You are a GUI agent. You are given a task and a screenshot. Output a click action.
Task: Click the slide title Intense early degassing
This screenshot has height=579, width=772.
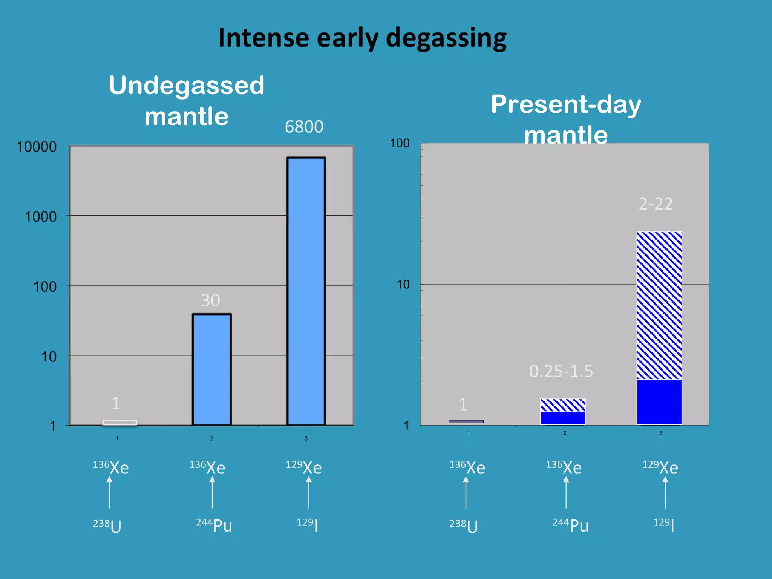click(x=362, y=38)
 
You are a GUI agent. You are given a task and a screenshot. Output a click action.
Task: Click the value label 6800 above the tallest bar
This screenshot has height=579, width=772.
click(x=304, y=127)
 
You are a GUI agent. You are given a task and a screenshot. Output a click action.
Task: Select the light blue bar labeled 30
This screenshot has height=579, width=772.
click(x=211, y=369)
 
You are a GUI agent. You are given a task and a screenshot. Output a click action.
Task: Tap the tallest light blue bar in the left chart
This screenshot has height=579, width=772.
click(x=306, y=290)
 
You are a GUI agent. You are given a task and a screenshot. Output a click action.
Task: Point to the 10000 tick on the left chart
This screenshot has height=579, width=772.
click(x=37, y=147)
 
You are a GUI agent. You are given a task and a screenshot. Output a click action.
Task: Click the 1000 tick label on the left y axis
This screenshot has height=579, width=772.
click(x=41, y=217)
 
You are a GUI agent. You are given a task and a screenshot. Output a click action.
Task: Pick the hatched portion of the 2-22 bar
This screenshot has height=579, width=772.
click(x=659, y=305)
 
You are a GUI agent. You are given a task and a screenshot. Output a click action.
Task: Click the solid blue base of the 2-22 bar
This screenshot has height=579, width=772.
click(x=659, y=402)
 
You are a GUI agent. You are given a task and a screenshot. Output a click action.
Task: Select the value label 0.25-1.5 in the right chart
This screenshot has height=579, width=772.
click(x=561, y=371)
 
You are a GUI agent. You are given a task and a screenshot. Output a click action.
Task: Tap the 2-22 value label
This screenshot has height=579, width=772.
click(x=656, y=204)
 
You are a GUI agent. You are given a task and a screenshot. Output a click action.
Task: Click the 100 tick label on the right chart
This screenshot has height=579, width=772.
click(x=400, y=143)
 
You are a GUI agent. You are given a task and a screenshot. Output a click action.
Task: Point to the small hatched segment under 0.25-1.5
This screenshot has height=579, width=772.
click(x=563, y=405)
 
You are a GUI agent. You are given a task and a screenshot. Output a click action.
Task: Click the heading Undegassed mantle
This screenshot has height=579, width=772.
click(x=187, y=100)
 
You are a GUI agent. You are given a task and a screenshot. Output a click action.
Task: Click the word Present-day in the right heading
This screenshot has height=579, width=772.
click(x=565, y=104)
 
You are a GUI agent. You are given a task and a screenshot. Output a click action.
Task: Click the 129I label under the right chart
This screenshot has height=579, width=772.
click(x=663, y=524)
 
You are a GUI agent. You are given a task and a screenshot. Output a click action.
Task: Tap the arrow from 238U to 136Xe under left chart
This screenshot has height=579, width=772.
click(x=109, y=492)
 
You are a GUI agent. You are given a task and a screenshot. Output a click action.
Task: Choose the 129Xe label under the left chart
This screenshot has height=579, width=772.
click(x=304, y=467)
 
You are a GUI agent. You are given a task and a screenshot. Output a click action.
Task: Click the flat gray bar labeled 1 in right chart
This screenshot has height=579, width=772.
click(x=466, y=421)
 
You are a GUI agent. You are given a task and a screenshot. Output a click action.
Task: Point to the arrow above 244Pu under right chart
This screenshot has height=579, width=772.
click(x=566, y=492)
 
